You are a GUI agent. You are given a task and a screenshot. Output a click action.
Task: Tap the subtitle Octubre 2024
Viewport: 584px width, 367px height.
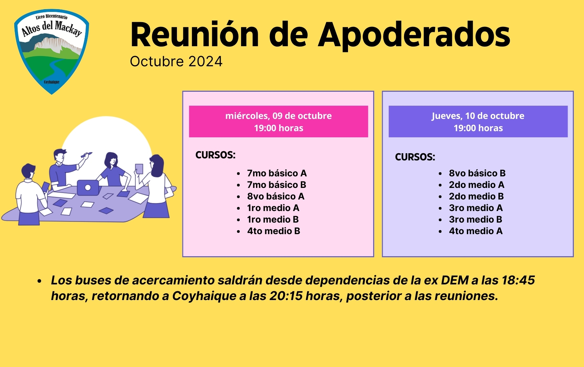(176, 62)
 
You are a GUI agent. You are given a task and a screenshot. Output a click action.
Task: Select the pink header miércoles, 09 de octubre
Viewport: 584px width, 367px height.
(278, 122)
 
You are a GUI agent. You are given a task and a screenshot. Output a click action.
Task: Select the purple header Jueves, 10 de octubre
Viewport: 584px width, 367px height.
(478, 122)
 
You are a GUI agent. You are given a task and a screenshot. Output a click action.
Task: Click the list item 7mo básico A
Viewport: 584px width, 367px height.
(277, 173)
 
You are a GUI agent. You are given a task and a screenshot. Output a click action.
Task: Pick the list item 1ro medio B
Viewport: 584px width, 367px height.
(273, 220)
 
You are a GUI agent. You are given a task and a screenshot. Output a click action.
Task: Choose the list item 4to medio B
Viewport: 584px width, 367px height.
(274, 231)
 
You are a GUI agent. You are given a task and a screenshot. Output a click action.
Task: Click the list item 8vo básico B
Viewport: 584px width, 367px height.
(477, 173)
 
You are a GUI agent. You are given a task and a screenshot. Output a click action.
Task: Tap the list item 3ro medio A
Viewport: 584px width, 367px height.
(476, 208)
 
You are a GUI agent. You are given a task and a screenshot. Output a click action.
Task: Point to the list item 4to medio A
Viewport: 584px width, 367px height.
(476, 231)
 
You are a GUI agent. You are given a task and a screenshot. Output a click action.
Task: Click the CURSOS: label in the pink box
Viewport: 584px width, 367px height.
(215, 155)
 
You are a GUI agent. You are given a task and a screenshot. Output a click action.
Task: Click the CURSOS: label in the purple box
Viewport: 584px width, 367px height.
(415, 157)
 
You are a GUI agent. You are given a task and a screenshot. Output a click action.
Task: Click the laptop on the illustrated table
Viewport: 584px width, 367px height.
(88, 188)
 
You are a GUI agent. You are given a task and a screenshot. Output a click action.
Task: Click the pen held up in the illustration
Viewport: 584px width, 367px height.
(87, 155)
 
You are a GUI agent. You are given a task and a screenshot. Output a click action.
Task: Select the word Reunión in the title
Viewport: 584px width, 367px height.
(195, 35)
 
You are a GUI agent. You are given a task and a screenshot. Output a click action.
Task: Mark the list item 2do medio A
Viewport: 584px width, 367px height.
(476, 185)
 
